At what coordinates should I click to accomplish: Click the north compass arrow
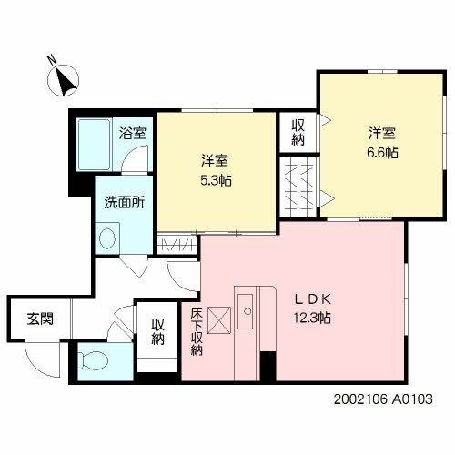(x=64, y=83)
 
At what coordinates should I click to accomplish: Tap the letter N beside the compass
(x=51, y=63)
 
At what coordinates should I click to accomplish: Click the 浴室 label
(x=133, y=131)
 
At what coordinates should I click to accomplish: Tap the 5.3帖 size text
(x=216, y=180)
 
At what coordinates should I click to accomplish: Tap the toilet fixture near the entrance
(x=91, y=360)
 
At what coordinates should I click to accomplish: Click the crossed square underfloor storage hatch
(x=220, y=318)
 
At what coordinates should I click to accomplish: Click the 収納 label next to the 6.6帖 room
(x=298, y=133)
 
